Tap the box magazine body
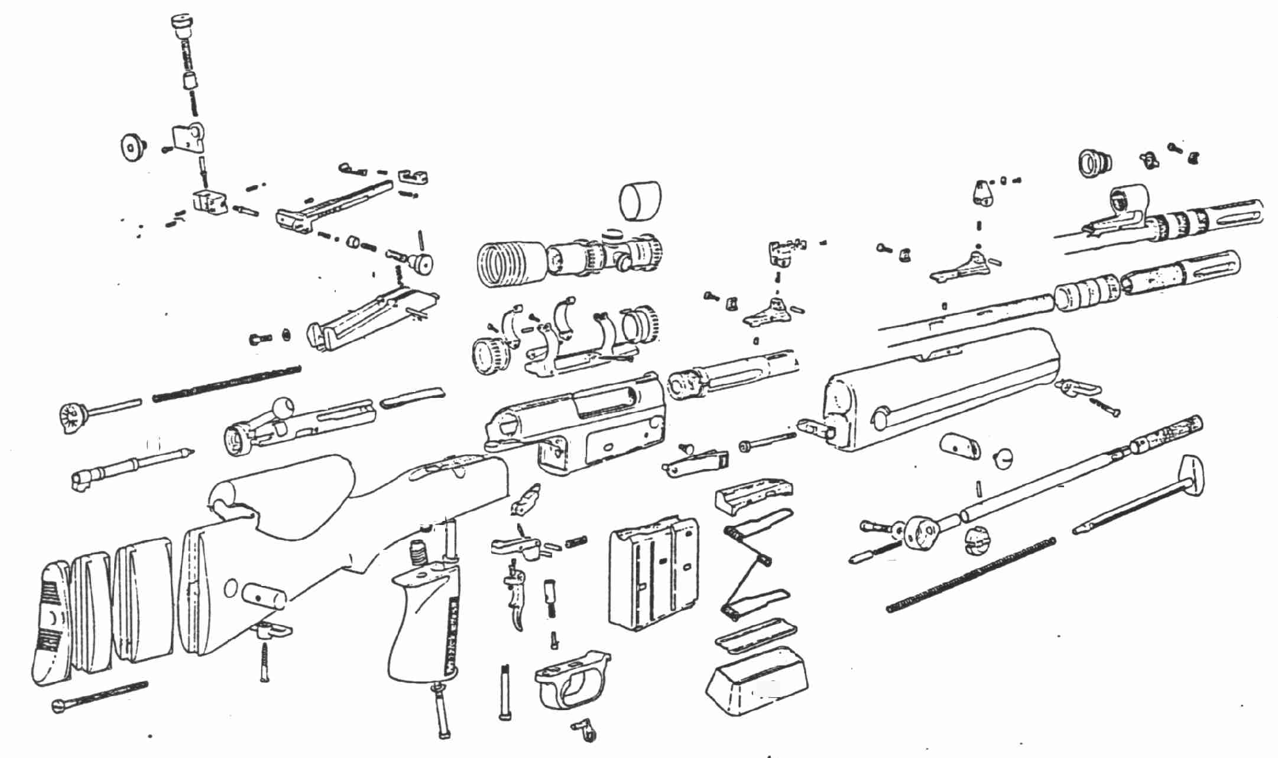click(x=653, y=576)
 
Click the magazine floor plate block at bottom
click(x=757, y=680)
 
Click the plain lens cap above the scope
click(x=640, y=201)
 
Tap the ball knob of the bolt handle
click(x=282, y=407)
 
